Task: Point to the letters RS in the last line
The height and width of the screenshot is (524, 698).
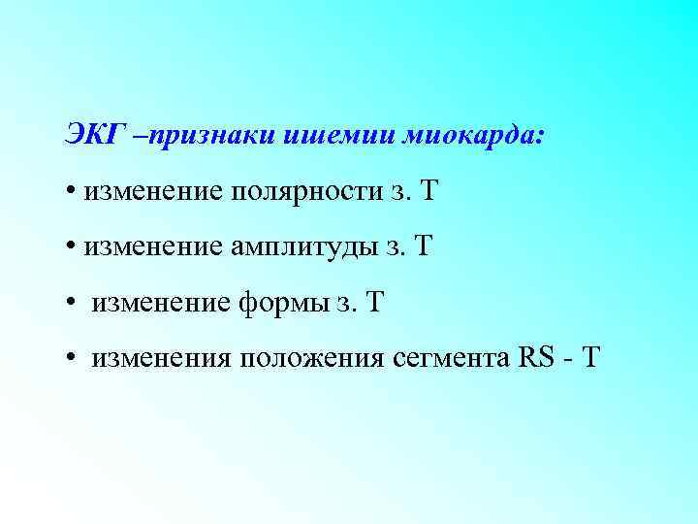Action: (536, 359)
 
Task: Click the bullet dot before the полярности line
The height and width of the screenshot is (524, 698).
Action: (72, 191)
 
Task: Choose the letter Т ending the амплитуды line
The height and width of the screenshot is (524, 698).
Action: (422, 246)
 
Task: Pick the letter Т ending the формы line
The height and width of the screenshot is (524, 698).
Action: (375, 303)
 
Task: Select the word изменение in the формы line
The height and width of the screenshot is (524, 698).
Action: (161, 304)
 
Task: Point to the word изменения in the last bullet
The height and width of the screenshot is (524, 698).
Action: (161, 360)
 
